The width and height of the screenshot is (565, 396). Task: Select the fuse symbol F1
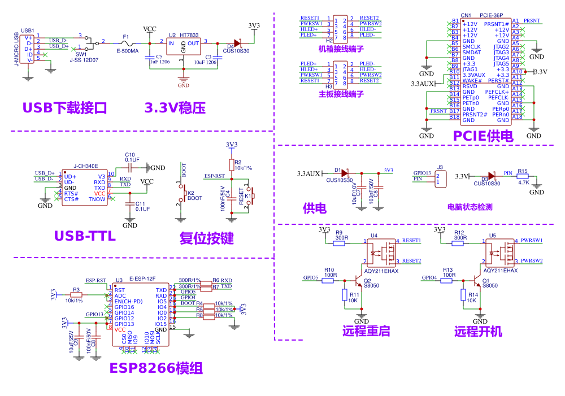click(x=127, y=43)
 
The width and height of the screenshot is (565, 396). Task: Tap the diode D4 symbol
click(x=237, y=42)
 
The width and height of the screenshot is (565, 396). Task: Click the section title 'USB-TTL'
click(x=85, y=236)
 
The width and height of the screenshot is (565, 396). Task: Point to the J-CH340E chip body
click(x=84, y=187)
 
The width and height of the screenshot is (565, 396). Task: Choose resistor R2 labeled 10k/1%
click(x=231, y=164)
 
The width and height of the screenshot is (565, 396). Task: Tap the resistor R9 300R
click(x=340, y=241)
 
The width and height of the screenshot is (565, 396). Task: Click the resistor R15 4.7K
click(x=523, y=176)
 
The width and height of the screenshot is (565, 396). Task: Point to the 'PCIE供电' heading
click(x=483, y=136)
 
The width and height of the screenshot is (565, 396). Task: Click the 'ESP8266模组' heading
click(x=156, y=368)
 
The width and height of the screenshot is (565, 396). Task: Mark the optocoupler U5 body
click(x=502, y=252)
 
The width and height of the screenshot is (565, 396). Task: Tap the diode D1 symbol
click(x=345, y=173)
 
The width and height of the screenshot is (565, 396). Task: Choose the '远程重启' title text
click(x=366, y=331)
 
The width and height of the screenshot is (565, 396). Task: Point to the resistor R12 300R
click(x=459, y=241)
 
